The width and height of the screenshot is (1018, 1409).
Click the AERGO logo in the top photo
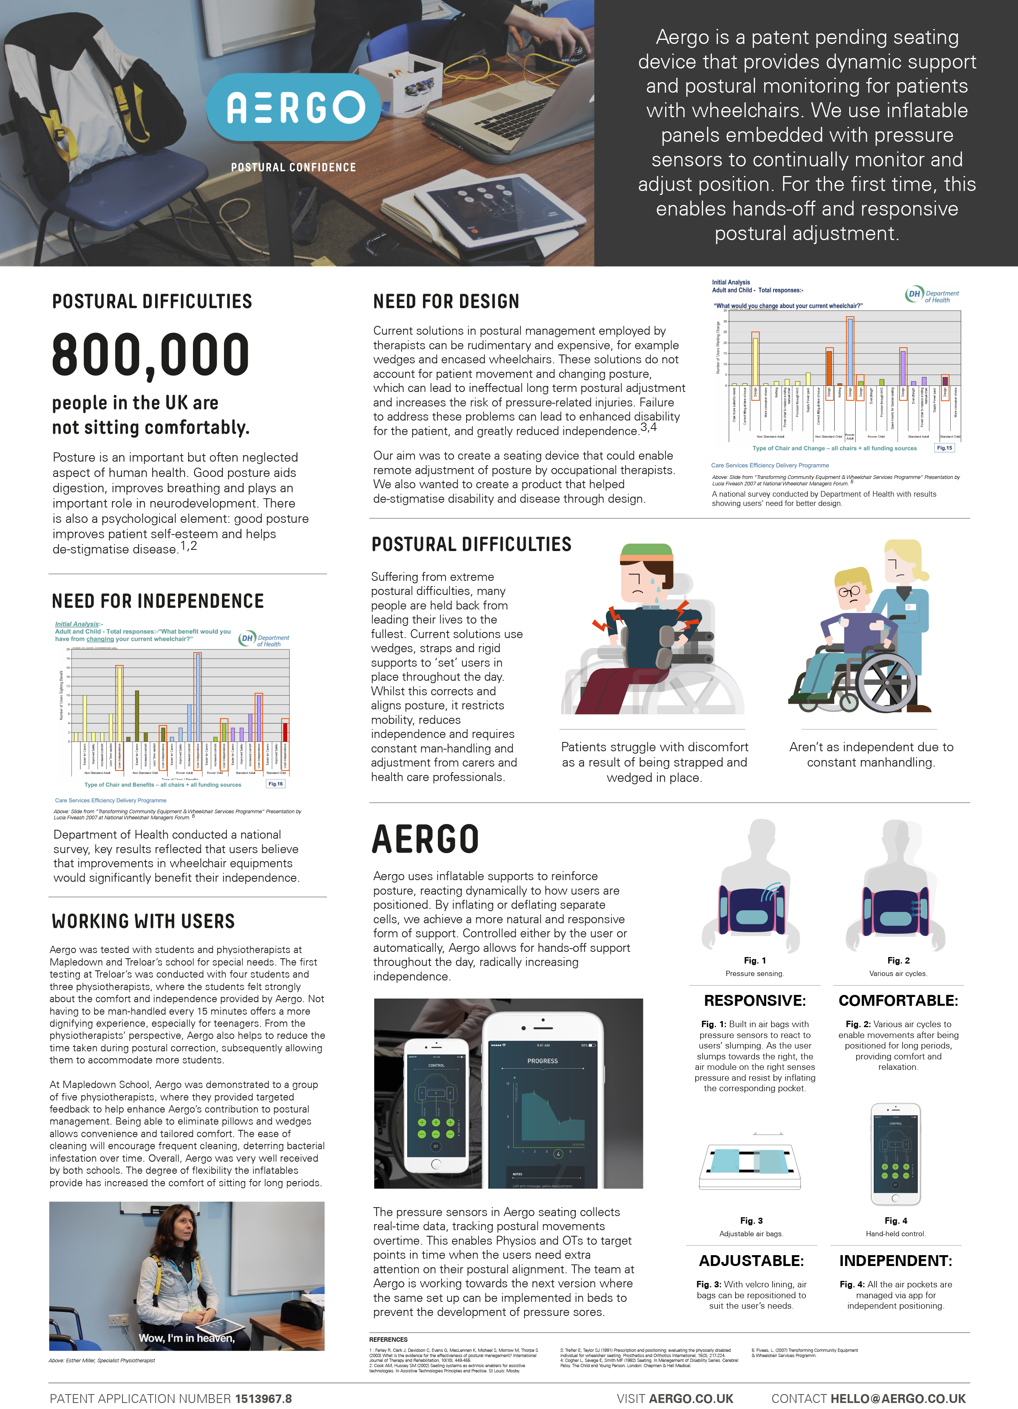coord(293,108)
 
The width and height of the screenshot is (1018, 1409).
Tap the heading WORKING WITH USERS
coord(143,921)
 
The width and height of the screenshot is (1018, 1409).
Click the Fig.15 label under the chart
coord(944,447)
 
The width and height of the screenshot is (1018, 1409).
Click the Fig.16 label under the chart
coord(275,783)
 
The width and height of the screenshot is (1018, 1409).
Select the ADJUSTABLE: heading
coord(751,1260)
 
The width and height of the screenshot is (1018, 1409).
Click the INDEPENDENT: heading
coord(896,1260)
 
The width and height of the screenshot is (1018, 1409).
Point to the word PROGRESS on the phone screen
coord(543,1061)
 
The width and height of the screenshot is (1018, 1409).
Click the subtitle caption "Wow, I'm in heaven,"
coord(187,1338)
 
